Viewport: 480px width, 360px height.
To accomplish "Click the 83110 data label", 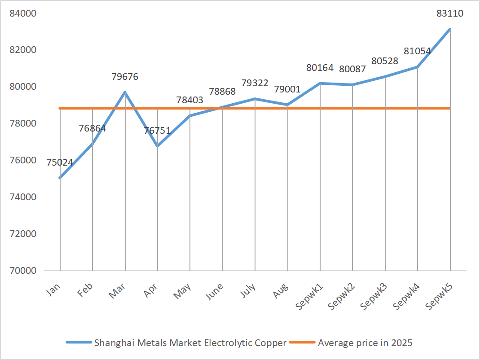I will click(x=450, y=13).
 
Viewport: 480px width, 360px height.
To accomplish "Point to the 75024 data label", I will click(x=60, y=162).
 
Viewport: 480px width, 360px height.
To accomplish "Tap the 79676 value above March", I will click(x=125, y=77).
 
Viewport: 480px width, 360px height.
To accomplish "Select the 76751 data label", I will click(x=157, y=131).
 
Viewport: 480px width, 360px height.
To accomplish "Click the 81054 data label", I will click(x=417, y=51).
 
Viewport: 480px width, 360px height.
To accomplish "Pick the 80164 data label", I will click(x=320, y=68).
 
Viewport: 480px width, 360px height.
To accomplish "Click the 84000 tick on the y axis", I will click(x=23, y=13).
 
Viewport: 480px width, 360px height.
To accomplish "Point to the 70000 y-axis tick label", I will click(x=23, y=271).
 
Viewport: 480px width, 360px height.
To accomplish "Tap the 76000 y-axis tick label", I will click(x=23, y=160).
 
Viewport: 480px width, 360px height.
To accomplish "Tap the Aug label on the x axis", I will click(x=281, y=290).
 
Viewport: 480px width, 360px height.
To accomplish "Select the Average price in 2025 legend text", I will click(x=365, y=343).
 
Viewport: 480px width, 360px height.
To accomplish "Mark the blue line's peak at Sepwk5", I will click(x=450, y=29).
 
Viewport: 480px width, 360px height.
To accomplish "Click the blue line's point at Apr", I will click(x=157, y=146).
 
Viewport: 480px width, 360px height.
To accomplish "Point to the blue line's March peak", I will click(x=125, y=92).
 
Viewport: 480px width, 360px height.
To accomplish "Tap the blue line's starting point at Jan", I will click(x=60, y=178).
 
